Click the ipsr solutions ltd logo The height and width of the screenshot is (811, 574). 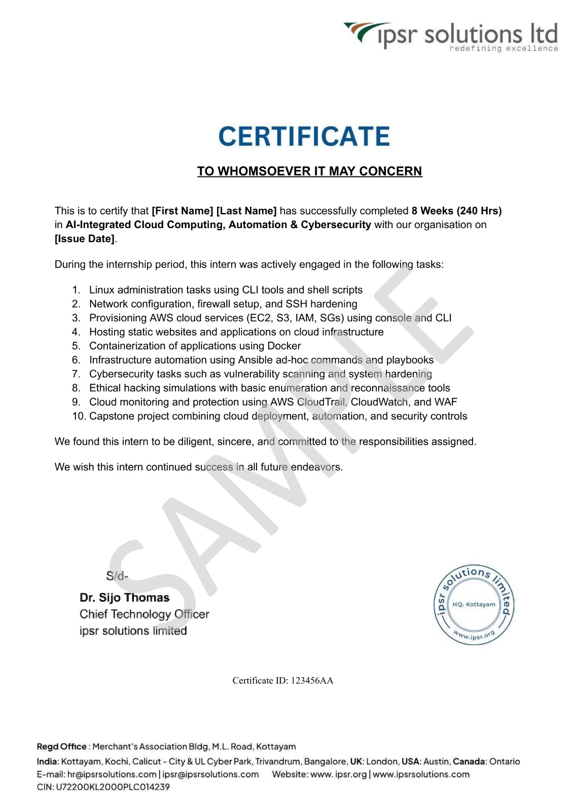(x=451, y=36)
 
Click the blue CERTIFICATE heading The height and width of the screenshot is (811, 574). (x=304, y=136)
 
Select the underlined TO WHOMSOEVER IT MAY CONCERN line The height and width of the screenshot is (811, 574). (x=309, y=171)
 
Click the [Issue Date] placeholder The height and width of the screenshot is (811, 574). (x=85, y=239)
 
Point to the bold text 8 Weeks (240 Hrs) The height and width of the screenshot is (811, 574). (x=456, y=211)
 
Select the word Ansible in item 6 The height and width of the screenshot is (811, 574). (x=256, y=360)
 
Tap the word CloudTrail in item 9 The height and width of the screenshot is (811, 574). (x=321, y=402)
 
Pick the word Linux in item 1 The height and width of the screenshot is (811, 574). (x=101, y=290)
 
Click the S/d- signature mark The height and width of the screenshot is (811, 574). (x=117, y=576)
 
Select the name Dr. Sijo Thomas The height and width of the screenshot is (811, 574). (x=125, y=598)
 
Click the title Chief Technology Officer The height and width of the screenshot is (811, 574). (x=144, y=614)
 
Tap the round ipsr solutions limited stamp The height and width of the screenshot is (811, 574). (x=474, y=604)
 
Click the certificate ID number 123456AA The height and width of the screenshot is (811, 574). (x=312, y=681)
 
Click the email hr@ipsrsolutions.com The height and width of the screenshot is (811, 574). (x=112, y=775)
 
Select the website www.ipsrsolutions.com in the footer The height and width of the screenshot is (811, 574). (x=421, y=775)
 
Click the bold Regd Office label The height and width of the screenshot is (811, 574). (x=61, y=747)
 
